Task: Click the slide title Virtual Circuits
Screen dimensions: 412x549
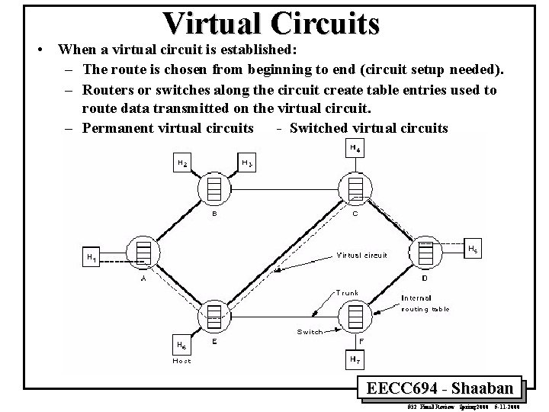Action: [271, 23]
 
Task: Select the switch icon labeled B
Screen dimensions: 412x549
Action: [213, 187]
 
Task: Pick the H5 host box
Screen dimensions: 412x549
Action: [474, 249]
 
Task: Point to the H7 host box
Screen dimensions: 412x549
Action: [355, 358]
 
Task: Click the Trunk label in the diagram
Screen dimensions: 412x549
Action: [347, 292]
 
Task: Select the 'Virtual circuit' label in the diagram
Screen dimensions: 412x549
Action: [361, 255]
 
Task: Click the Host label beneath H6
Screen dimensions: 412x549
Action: [181, 360]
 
